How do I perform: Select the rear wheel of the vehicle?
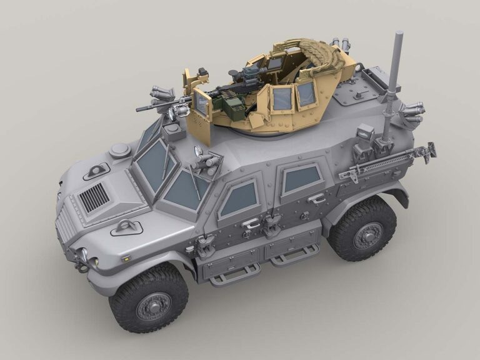pos(362,229)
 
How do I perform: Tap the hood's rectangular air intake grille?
pos(94,198)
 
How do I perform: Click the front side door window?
pos(237,199)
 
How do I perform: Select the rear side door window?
pos(302,179)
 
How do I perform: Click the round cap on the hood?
pos(119,151)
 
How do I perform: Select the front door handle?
pos(251,223)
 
